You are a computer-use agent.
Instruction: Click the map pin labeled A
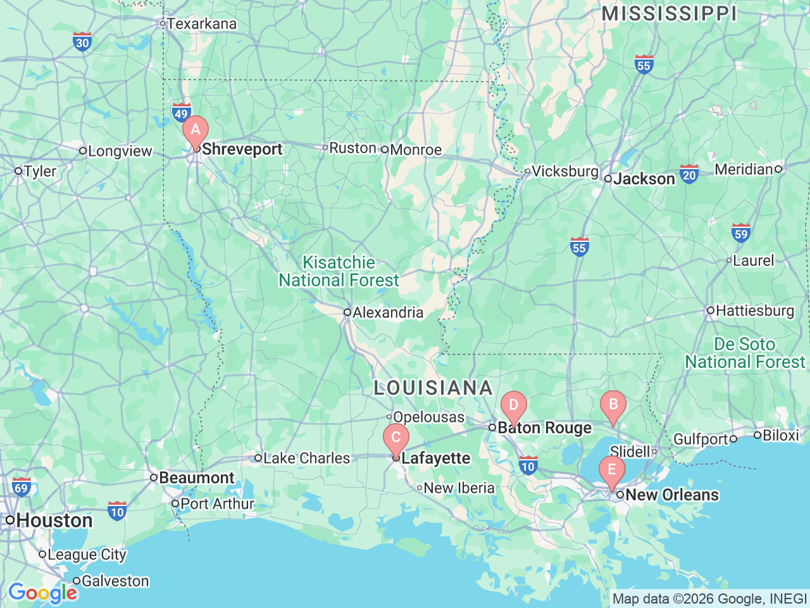196,130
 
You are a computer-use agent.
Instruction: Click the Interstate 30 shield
82,42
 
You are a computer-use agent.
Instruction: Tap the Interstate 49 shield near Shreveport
182,113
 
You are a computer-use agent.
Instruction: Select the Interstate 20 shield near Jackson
689,174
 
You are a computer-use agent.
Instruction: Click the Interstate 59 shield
741,233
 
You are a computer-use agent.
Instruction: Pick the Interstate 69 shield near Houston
22,486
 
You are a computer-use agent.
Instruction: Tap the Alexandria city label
387,312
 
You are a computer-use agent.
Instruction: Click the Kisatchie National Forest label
339,271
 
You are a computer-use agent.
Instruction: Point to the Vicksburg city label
564,171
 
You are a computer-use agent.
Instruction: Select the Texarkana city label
201,24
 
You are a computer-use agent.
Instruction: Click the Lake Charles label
306,458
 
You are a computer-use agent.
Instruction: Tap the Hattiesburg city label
754,310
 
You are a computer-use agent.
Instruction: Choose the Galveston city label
115,581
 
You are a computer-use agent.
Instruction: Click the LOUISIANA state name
433,388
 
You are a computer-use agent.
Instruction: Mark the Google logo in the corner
42,593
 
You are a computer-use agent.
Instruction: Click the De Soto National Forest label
745,353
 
